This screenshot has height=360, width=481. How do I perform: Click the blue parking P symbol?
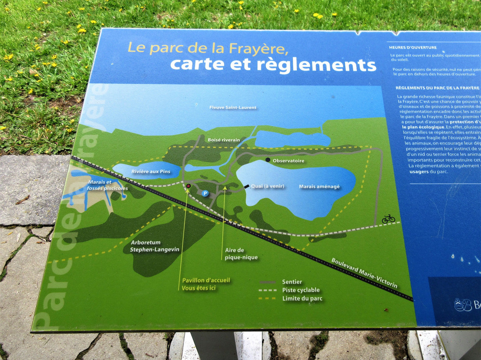click(x=205, y=193)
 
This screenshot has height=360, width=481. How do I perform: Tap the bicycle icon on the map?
click(x=388, y=219)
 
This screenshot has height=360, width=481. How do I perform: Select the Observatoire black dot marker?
click(x=268, y=160)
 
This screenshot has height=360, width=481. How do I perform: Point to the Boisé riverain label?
click(x=224, y=140)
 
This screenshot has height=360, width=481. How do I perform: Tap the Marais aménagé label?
click(x=319, y=187)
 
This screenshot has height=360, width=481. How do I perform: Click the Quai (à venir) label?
click(x=267, y=186)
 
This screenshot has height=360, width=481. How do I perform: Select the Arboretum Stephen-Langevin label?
click(x=155, y=246)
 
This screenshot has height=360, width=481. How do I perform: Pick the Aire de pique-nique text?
click(x=241, y=254)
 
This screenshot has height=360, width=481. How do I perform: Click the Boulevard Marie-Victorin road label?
click(x=364, y=272)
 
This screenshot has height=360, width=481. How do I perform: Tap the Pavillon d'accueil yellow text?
click(x=206, y=280)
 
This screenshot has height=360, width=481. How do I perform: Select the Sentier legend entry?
click(x=292, y=282)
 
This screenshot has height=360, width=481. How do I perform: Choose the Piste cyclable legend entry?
click(x=301, y=290)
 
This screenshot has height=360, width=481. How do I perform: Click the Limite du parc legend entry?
click(x=302, y=299)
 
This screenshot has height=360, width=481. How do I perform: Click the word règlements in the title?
click(x=316, y=65)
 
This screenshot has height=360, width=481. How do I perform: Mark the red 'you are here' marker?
click(x=188, y=186)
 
